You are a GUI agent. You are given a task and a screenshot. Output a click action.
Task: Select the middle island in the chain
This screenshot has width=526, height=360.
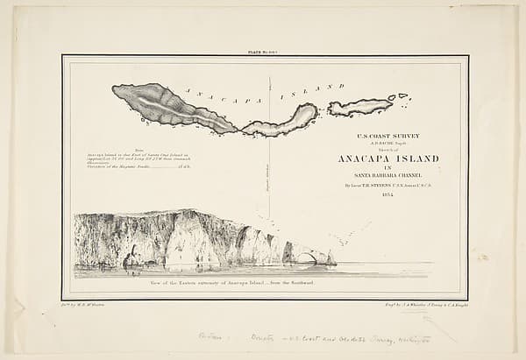tap(281, 120)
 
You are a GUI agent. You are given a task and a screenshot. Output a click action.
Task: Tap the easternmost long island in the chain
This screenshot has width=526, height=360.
tap(359, 107)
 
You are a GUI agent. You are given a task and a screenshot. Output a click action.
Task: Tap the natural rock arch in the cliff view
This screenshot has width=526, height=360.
tap(304, 258)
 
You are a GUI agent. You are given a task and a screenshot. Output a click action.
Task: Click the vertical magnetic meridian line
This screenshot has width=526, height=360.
tap(269, 175)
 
